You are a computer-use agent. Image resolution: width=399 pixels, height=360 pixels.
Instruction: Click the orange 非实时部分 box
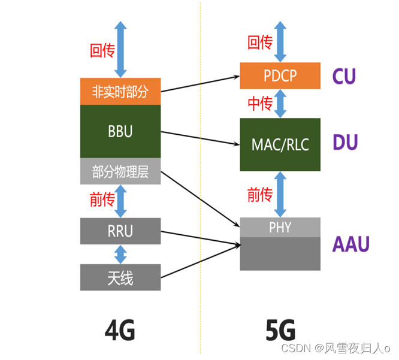point(120,92)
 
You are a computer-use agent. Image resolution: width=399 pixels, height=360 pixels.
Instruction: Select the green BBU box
point(120,132)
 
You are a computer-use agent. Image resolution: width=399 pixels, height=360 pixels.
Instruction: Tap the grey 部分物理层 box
point(120,172)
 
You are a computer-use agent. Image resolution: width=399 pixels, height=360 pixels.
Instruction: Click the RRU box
point(120,231)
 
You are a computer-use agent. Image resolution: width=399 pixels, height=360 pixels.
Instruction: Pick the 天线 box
point(120,277)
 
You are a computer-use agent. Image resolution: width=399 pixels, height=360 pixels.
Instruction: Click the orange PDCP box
point(280,75)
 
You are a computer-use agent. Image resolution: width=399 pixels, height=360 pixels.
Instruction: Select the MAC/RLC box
point(280,144)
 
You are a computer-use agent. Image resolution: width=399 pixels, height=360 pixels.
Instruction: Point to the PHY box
point(280,227)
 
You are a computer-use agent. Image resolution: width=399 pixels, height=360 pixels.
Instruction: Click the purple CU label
point(344,76)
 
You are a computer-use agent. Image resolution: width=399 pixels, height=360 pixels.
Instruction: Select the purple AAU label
point(351,244)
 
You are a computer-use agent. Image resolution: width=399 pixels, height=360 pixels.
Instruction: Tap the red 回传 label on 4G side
point(102,50)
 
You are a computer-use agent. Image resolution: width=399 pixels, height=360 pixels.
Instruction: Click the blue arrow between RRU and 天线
point(121,254)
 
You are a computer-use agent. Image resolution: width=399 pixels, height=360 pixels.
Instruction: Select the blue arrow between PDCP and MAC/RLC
point(280,104)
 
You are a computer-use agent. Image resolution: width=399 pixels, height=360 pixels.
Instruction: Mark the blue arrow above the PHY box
point(280,194)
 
